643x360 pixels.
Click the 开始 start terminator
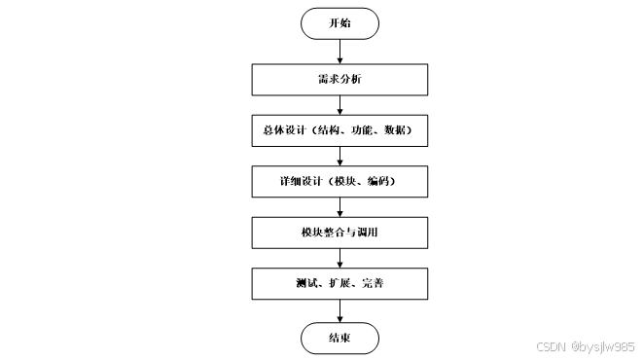[339, 24]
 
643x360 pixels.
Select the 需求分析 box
[339, 78]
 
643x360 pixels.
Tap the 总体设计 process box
[339, 129]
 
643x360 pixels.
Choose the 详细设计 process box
[339, 181]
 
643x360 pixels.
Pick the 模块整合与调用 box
[339, 233]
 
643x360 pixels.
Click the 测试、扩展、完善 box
[339, 284]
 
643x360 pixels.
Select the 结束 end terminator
[339, 338]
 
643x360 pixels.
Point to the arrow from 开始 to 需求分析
[339, 52]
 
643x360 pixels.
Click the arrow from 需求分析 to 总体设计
[339, 103]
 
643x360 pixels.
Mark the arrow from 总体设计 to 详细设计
[339, 155]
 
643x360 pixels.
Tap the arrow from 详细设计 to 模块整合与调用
[339, 206]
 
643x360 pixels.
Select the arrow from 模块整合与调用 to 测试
[339, 258]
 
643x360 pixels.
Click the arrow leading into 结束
[339, 311]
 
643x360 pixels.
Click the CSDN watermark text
[550, 345]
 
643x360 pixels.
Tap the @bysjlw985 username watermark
[603, 345]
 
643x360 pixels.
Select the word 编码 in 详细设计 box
[378, 181]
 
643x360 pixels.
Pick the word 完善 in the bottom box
[371, 284]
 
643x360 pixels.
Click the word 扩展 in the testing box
[338, 284]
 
